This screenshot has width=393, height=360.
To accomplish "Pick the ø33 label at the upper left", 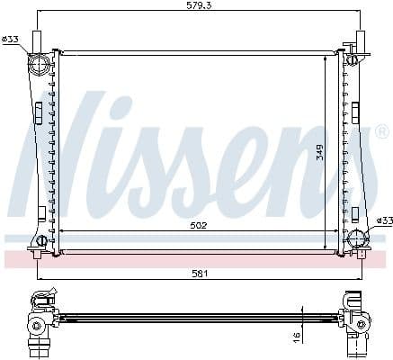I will click(11, 39).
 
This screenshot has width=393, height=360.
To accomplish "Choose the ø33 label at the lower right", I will click(384, 220).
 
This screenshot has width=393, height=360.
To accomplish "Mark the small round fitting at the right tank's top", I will click(353, 60).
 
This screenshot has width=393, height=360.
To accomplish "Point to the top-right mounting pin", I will click(359, 40).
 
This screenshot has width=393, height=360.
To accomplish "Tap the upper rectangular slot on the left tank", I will click(39, 112).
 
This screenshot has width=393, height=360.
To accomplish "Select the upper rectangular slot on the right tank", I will click(357, 112).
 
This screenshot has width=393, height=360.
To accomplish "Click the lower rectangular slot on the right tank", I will click(356, 214).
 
